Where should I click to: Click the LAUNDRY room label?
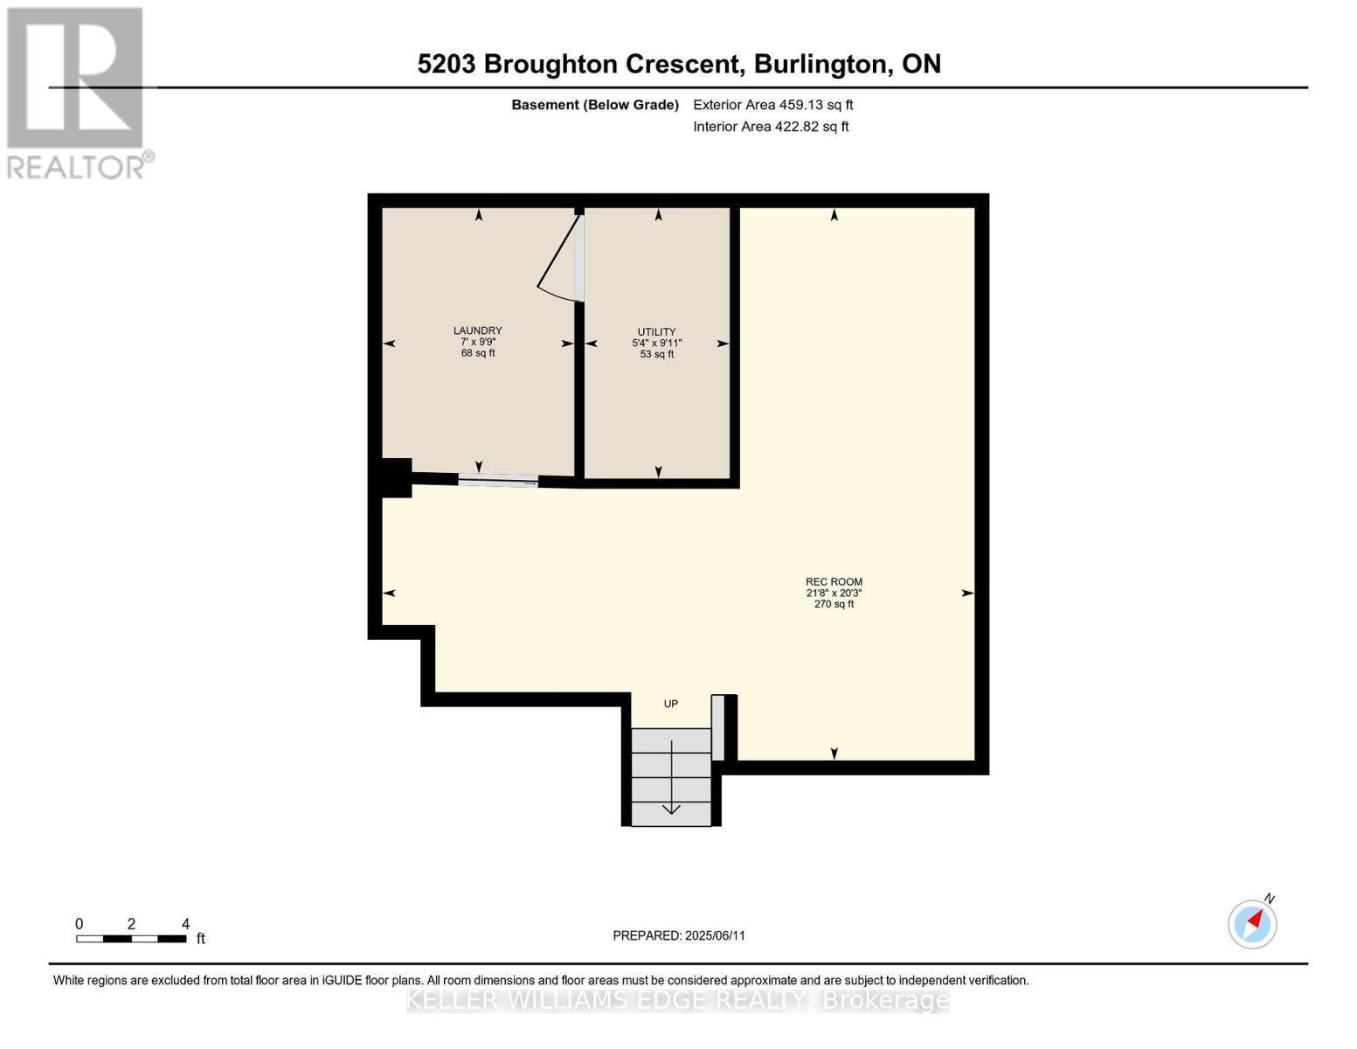477,330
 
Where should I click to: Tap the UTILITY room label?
656,332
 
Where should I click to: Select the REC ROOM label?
834,581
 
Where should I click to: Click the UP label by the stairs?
670,704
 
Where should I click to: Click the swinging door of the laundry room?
558,259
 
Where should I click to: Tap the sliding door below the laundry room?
498,479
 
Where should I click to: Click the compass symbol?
1252,923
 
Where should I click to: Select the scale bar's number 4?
185,924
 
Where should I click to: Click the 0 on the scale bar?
79,924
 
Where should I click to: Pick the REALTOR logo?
77,93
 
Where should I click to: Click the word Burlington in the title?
820,64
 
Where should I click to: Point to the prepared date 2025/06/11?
715,935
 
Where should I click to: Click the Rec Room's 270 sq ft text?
834,604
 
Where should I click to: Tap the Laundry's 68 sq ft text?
477,353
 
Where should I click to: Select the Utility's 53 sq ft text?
656,355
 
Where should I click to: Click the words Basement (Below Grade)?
594,105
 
